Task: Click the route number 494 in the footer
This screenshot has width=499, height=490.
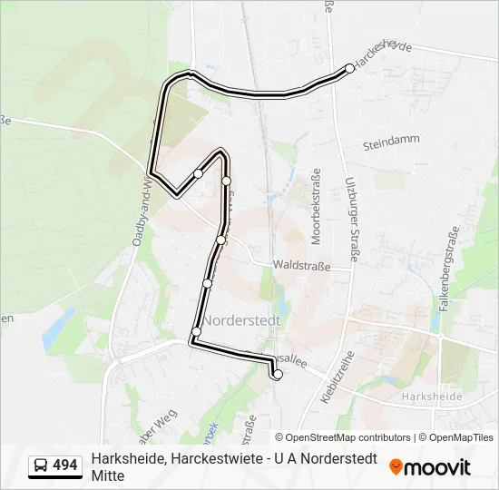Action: (64, 465)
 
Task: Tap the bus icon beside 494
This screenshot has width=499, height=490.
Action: (42, 465)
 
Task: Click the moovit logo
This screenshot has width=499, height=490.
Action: (430, 467)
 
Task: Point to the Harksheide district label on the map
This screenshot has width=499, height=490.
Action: (431, 397)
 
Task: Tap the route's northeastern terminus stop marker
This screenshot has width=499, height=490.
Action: (349, 68)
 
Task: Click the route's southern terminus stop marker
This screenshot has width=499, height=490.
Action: (278, 374)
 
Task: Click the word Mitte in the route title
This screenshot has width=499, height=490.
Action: (107, 475)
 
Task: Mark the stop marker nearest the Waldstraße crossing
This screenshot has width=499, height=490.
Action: (220, 240)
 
